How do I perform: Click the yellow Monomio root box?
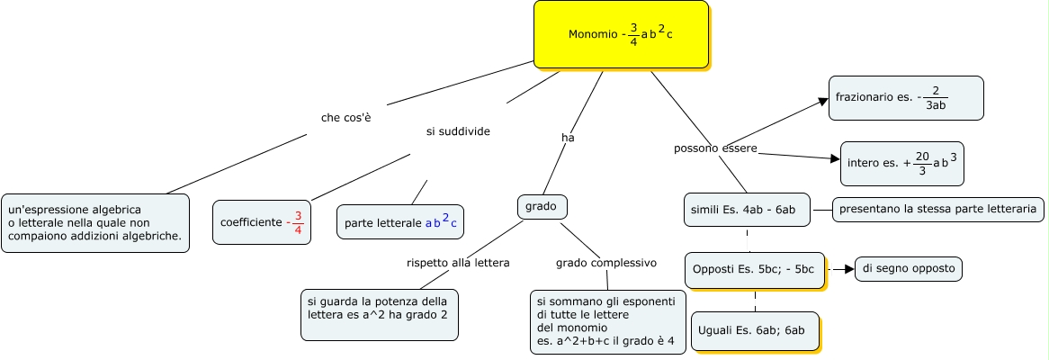tap(621, 34)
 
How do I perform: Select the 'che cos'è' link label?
tap(346, 118)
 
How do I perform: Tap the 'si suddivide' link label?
tap(458, 131)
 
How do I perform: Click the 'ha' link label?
tap(568, 138)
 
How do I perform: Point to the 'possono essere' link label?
tap(715, 148)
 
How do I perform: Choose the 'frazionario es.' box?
tap(905, 98)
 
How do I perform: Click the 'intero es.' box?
tap(901, 163)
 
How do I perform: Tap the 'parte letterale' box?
tap(400, 222)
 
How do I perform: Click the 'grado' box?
tap(542, 206)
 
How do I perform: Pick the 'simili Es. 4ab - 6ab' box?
tap(748, 210)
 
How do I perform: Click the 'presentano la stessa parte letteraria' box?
tap(937, 210)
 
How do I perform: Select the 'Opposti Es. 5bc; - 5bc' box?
tap(754, 269)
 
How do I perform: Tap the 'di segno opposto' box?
tap(908, 268)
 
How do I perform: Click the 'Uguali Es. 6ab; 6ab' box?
tap(754, 330)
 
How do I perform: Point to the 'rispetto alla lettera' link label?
tap(458, 263)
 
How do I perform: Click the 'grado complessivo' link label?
tap(605, 263)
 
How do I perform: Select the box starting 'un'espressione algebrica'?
tap(95, 223)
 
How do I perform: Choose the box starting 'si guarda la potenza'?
tap(379, 314)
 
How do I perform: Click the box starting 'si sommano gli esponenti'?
tap(607, 322)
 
